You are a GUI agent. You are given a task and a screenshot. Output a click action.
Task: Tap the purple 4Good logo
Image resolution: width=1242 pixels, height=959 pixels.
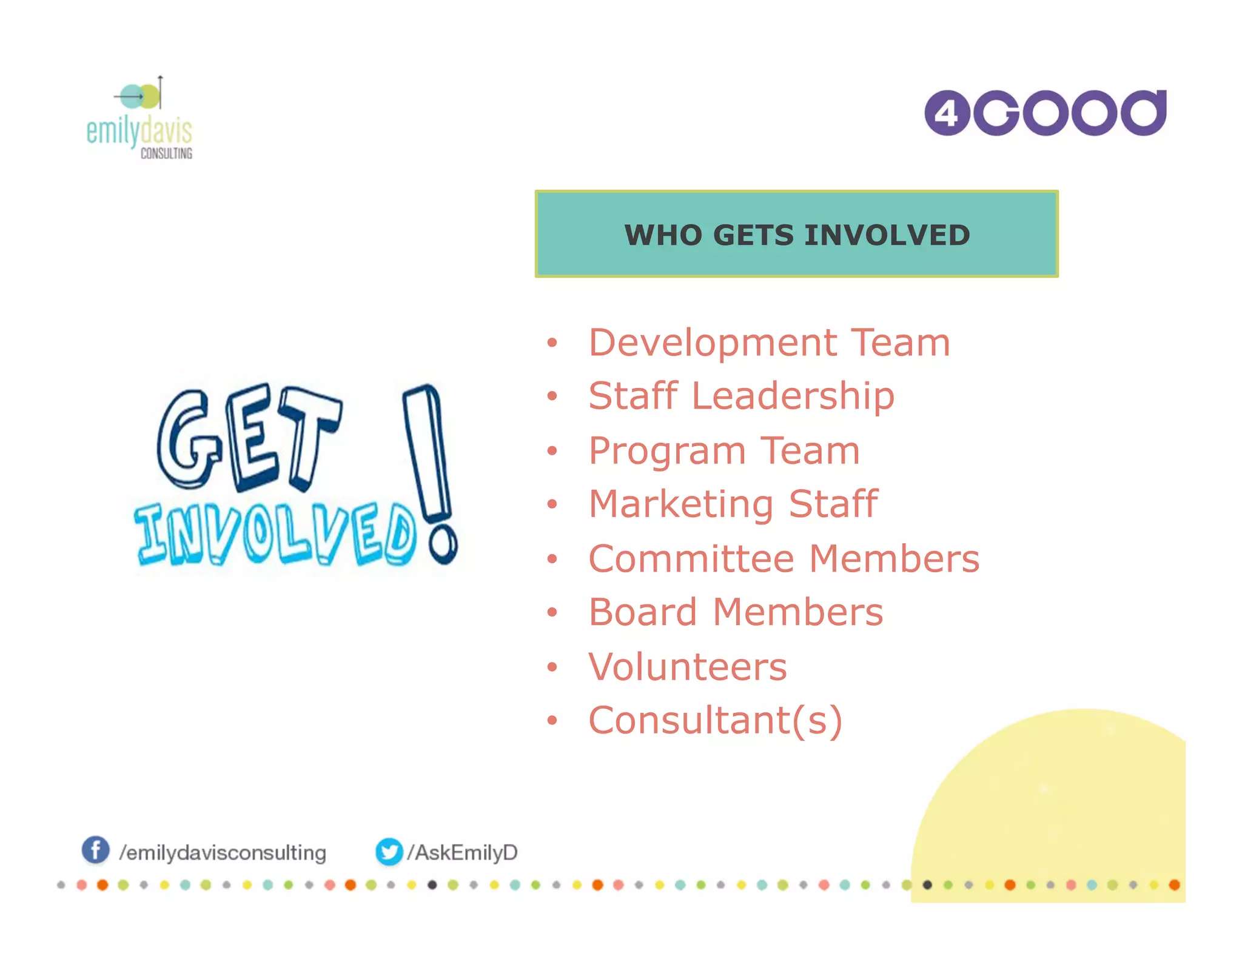[x=1045, y=113]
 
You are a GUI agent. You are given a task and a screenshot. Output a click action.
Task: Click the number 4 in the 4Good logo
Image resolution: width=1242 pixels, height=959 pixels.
[x=947, y=113]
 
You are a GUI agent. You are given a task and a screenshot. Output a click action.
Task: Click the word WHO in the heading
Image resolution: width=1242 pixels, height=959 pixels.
[x=663, y=235]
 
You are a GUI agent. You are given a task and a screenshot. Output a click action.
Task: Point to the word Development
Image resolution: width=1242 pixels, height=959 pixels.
[x=713, y=343]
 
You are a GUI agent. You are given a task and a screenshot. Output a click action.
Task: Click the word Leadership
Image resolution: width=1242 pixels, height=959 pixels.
[x=793, y=396]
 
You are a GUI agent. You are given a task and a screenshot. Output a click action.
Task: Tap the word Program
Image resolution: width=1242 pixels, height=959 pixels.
[x=667, y=452]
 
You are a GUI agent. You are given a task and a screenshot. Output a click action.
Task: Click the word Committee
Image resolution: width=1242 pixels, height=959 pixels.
[x=691, y=558]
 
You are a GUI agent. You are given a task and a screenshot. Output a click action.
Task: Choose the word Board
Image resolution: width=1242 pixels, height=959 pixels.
[x=643, y=612]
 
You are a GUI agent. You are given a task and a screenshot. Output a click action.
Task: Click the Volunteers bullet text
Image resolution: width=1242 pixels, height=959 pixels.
[x=688, y=667]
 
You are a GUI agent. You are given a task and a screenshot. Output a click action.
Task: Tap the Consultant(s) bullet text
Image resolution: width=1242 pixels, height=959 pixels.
[x=716, y=720]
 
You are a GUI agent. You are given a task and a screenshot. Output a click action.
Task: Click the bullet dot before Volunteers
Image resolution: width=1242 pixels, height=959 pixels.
[x=551, y=667]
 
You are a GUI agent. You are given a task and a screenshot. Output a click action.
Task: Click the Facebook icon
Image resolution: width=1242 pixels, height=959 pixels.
[x=96, y=850]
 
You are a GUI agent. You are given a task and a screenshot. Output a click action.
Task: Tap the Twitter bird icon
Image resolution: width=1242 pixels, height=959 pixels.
[x=389, y=852]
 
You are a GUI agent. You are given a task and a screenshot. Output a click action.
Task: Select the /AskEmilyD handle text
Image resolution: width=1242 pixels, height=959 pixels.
[x=462, y=852]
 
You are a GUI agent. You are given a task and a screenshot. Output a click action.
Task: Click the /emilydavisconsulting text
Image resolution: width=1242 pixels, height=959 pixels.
[x=223, y=852]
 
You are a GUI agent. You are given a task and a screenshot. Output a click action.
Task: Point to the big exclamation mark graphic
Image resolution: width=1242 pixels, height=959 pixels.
[x=429, y=467]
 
